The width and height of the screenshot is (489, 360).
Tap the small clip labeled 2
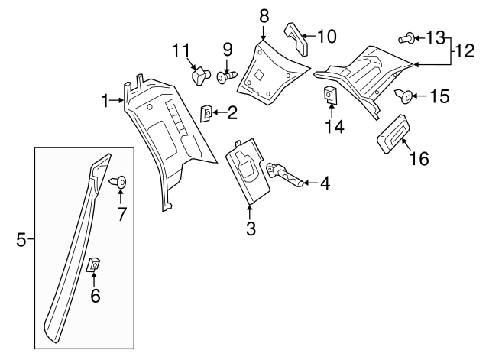tap(206, 113)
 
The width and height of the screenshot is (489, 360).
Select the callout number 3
tap(250, 228)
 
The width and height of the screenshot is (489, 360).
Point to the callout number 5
tap(21, 241)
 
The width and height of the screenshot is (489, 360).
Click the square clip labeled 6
tap(92, 264)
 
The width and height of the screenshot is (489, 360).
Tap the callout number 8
tap(264, 15)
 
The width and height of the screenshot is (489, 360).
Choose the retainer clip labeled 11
tap(201, 76)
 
